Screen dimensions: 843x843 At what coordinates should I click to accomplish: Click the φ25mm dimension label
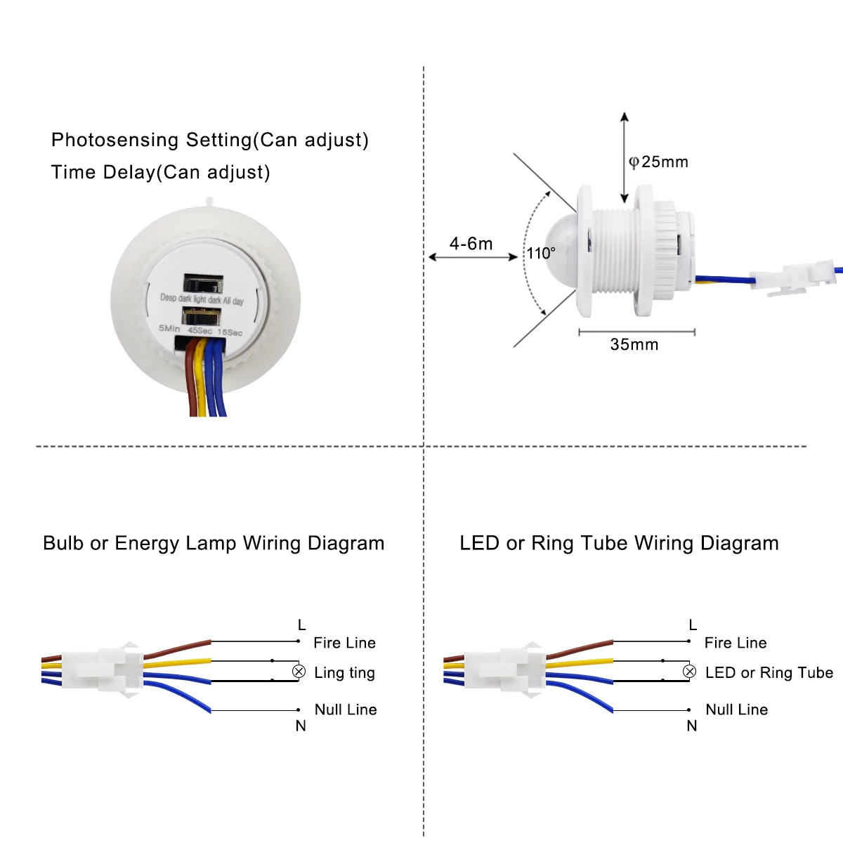[x=658, y=162]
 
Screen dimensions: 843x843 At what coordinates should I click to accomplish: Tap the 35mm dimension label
[x=634, y=344]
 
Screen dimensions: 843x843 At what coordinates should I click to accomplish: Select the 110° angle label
[x=541, y=254]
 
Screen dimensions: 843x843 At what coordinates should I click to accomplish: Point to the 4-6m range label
[x=471, y=244]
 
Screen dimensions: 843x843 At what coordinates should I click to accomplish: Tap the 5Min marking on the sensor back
[x=169, y=328]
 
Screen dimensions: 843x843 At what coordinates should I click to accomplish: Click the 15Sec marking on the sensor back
[x=230, y=332]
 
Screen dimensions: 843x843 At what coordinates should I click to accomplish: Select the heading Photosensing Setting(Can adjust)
[x=209, y=140]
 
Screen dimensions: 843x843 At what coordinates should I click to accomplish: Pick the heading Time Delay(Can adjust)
[x=160, y=172]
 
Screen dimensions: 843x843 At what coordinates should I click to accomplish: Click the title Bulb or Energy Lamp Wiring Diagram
[x=214, y=543]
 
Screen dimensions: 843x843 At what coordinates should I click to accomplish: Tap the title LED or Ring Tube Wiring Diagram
[x=619, y=543]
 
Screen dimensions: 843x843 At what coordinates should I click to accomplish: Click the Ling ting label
[x=344, y=673]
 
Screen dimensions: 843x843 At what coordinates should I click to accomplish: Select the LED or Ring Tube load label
[x=769, y=673]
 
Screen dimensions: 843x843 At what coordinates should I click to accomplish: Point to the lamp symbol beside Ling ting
[x=299, y=672]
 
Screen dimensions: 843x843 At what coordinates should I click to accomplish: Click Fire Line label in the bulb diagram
[x=344, y=643]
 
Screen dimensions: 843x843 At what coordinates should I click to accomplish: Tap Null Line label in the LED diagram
[x=736, y=710]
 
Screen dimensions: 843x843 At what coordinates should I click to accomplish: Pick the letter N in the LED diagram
[x=691, y=726]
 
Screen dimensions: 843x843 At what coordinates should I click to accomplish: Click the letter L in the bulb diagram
[x=301, y=625]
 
